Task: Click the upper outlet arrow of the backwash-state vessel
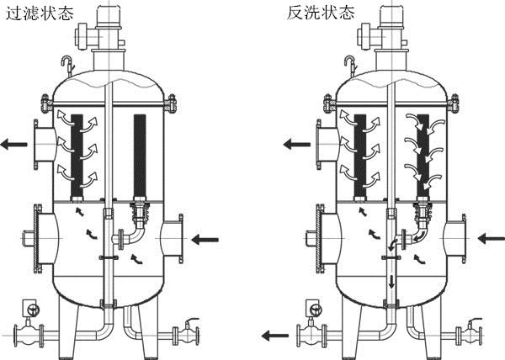(295, 144)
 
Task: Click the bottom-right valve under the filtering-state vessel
(187, 331)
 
